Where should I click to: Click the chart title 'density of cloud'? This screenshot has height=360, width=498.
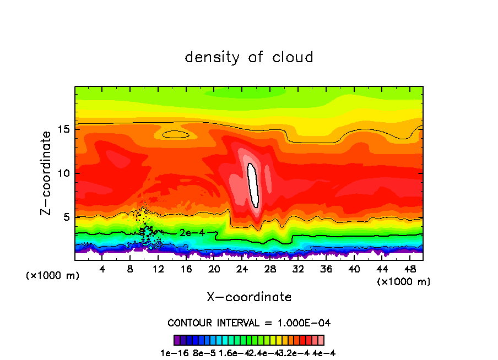pyautogui.click(x=249, y=57)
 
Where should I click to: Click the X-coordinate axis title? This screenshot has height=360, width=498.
pyautogui.click(x=249, y=297)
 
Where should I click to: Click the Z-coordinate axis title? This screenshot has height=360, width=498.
pyautogui.click(x=47, y=173)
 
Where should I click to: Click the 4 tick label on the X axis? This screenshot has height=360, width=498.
pyautogui.click(x=102, y=269)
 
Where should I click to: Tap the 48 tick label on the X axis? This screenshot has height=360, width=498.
pyautogui.click(x=409, y=269)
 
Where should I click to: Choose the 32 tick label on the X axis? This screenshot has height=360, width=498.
pyautogui.click(x=298, y=269)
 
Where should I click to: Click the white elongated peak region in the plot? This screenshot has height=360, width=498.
pyautogui.click(x=253, y=185)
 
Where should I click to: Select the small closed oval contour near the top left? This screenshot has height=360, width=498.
pyautogui.click(x=176, y=134)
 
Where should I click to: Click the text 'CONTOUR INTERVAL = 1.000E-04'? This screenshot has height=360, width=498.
pyautogui.click(x=249, y=323)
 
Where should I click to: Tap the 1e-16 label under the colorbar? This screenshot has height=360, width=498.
pyautogui.click(x=172, y=353)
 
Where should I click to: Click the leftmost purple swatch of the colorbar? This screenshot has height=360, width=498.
pyautogui.click(x=177, y=340)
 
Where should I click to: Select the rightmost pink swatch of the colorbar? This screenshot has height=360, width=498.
pyautogui.click(x=321, y=340)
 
